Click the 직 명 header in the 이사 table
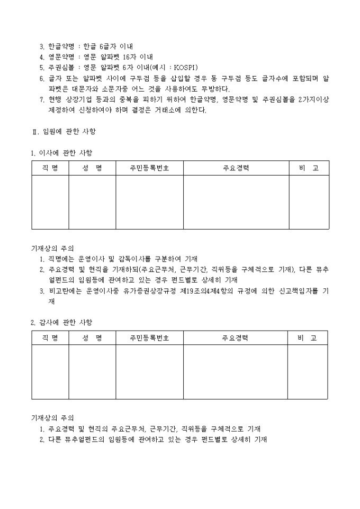(50, 168)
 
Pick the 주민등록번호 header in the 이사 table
(149, 168)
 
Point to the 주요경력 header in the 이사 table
(236, 168)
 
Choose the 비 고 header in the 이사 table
(309, 168)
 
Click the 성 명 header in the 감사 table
(92, 338)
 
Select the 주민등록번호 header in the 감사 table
(149, 338)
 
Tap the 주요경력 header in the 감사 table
(236, 338)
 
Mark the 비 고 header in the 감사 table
(308, 338)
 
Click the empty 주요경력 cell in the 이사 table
(236, 202)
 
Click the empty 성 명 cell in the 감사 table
(92, 371)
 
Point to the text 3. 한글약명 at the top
(57, 47)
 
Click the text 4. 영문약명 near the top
(57, 57)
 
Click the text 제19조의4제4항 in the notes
(214, 290)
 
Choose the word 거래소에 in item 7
(166, 110)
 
